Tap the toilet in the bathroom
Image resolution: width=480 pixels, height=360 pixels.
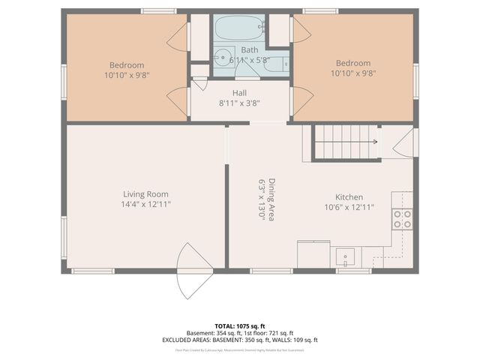[274, 64]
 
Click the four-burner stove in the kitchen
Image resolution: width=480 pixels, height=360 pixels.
[402, 218]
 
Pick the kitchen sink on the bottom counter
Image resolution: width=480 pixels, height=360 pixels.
[346, 257]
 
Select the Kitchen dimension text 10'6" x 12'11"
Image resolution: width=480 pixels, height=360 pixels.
[349, 207]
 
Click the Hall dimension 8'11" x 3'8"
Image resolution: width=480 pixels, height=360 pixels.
[239, 103]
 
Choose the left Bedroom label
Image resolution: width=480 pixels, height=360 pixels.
[126, 64]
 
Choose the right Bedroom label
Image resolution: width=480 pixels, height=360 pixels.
[352, 63]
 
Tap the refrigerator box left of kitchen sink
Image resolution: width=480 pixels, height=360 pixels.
[313, 253]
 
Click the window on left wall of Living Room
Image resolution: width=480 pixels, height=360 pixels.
[64, 236]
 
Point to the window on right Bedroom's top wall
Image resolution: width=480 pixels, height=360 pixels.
[320, 10]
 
